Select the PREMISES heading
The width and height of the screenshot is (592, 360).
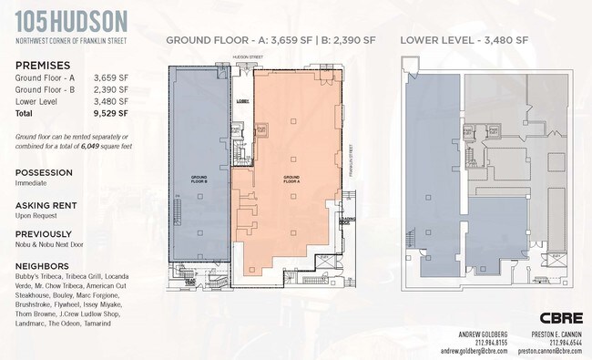pos(42,67)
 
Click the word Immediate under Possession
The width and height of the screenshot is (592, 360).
pos(33,183)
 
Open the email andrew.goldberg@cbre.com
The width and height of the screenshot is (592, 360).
pos(473,350)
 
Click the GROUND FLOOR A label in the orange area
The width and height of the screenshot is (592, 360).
pos(291,179)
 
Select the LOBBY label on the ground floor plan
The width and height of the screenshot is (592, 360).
pos(243,101)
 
